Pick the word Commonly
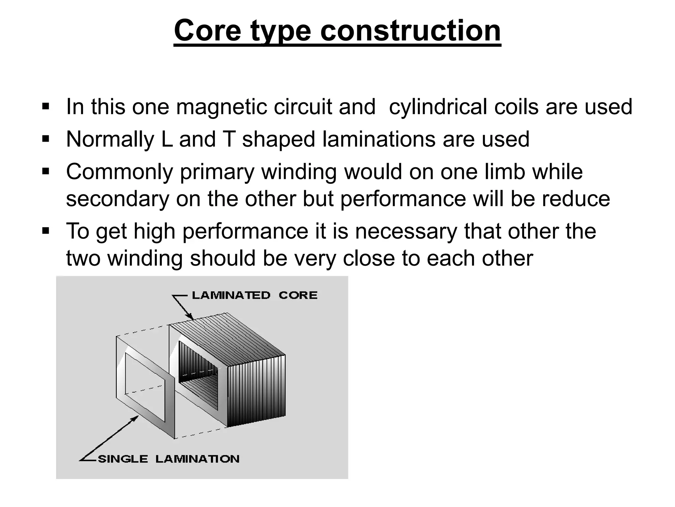[119, 172]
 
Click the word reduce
[575, 199]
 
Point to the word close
[368, 258]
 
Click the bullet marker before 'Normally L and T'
[45, 139]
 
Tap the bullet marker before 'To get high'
[45, 231]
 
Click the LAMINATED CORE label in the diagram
[254, 295]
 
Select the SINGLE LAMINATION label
[168, 459]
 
